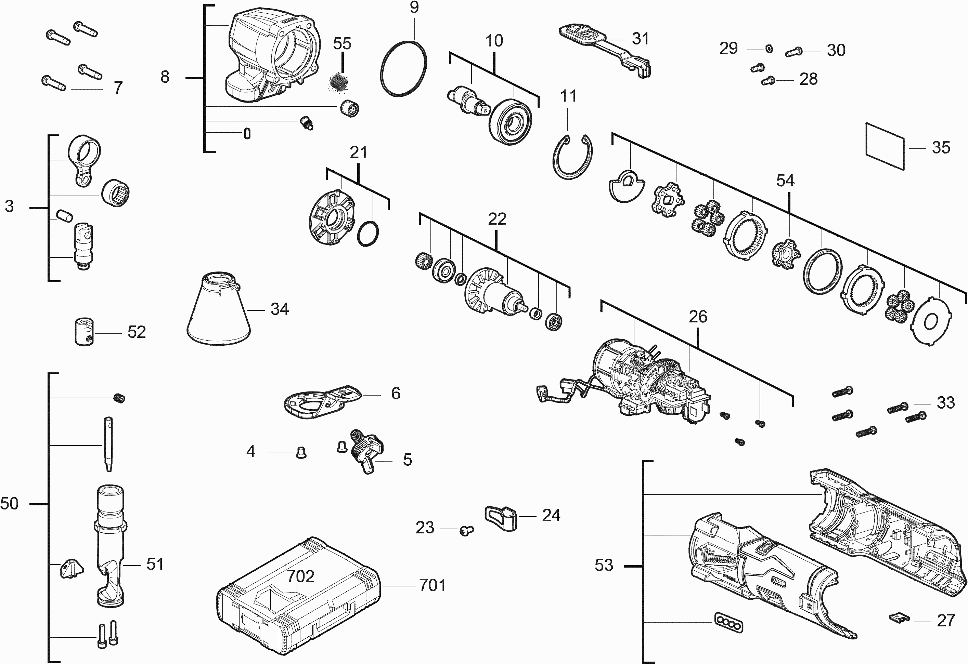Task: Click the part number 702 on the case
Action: pyautogui.click(x=300, y=576)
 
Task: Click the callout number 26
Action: pyautogui.click(x=698, y=317)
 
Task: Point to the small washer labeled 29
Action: pyautogui.click(x=769, y=50)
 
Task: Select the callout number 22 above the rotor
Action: pyautogui.click(x=497, y=219)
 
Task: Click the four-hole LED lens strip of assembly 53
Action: pyautogui.click(x=728, y=622)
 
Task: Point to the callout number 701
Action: pyautogui.click(x=433, y=585)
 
